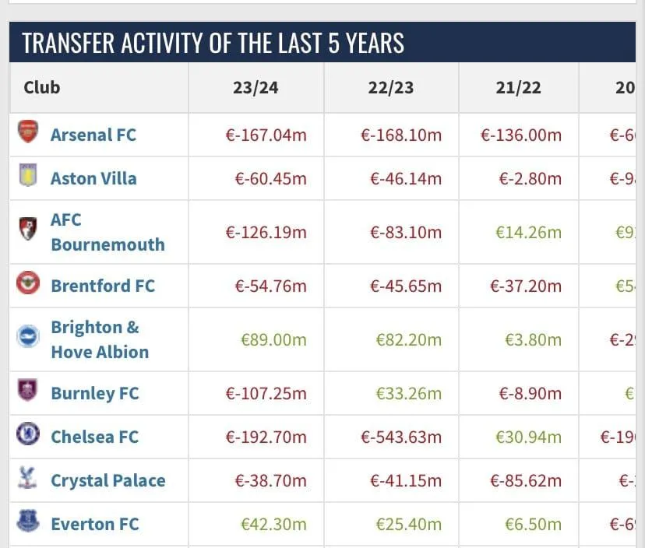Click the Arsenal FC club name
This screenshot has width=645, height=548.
(93, 135)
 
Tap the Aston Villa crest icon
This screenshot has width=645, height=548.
(28, 177)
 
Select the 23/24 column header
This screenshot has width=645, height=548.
(255, 87)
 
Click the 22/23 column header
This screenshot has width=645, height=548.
(390, 87)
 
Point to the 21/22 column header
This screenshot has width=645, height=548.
(518, 87)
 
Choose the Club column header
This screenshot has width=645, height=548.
(42, 87)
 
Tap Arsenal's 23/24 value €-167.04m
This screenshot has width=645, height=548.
(266, 135)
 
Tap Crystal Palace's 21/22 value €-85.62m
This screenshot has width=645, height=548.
(525, 480)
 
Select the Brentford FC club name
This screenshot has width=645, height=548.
(103, 286)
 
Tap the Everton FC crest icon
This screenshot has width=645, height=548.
(28, 522)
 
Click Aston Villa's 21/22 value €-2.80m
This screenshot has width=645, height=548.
(530, 178)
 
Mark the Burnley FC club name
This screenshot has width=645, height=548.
(94, 393)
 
